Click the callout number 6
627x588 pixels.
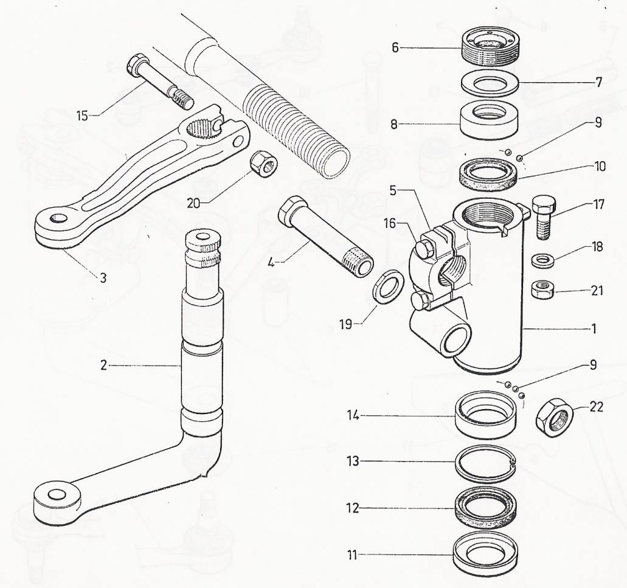(x=395, y=47)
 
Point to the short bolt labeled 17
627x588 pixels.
(x=542, y=218)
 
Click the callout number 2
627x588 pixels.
(x=105, y=365)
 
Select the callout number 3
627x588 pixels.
(x=103, y=278)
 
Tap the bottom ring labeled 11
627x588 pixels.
(x=485, y=555)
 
